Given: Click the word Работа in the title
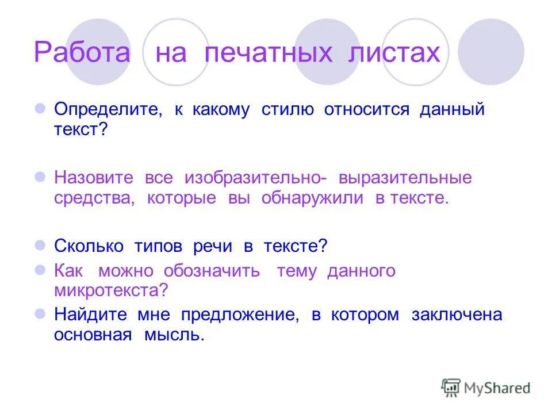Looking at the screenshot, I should [x=82, y=53].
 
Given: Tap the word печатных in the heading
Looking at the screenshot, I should [x=269, y=53].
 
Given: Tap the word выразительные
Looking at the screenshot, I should [x=405, y=178].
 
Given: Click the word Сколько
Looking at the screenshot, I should [x=89, y=246].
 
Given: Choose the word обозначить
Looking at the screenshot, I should [x=211, y=271].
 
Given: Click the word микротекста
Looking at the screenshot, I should [x=109, y=290].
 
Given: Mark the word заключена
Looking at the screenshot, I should [x=457, y=315].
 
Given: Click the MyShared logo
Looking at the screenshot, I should [x=485, y=388].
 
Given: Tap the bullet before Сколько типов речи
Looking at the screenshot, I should [x=40, y=246].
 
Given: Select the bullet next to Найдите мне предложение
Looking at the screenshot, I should [x=40, y=315].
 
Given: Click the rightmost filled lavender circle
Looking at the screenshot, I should [x=490, y=52].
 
